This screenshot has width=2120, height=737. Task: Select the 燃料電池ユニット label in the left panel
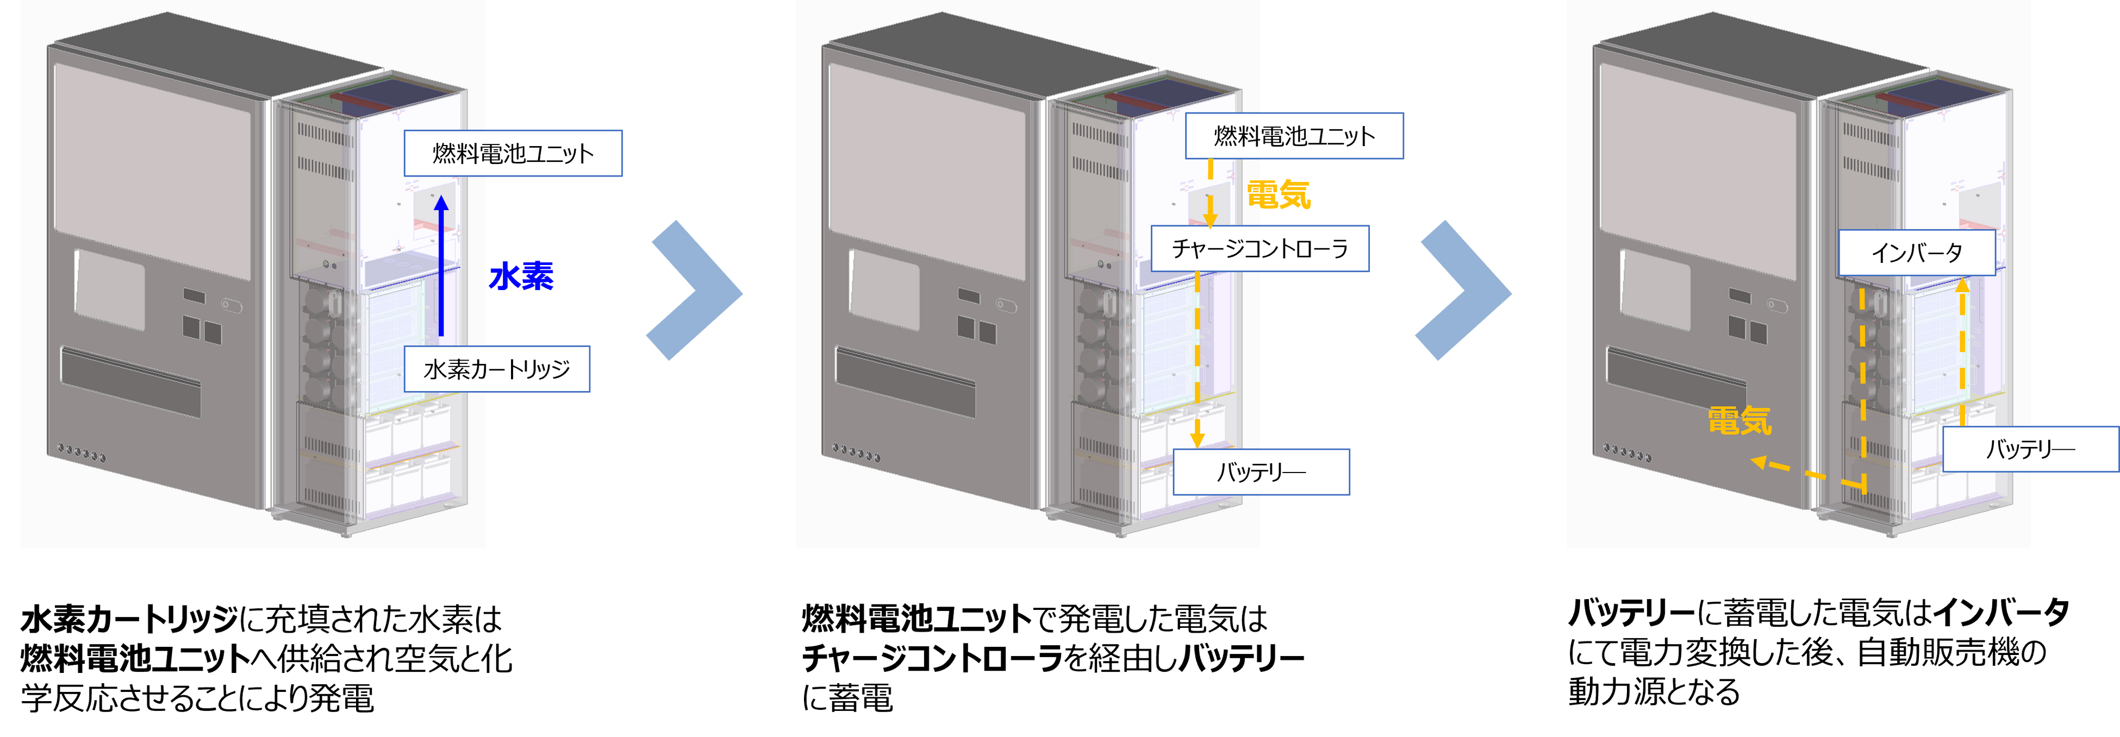click(x=513, y=153)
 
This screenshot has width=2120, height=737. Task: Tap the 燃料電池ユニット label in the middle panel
click(x=1294, y=136)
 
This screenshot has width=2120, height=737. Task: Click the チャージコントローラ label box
click(x=1259, y=248)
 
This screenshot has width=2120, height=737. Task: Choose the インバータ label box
click(x=1916, y=253)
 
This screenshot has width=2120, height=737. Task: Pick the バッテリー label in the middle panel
click(x=1261, y=471)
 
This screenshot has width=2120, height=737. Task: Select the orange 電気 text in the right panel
click(x=1739, y=421)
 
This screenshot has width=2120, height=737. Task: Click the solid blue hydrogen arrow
click(x=442, y=267)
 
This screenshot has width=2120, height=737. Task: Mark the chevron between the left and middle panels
click(x=695, y=291)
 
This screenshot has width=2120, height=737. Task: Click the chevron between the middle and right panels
click(x=1465, y=291)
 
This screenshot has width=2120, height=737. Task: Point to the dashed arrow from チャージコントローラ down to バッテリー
click(x=1198, y=362)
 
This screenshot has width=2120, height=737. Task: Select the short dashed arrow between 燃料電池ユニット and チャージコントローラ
click(x=1210, y=194)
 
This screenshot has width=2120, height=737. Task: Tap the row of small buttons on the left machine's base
click(x=82, y=452)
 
